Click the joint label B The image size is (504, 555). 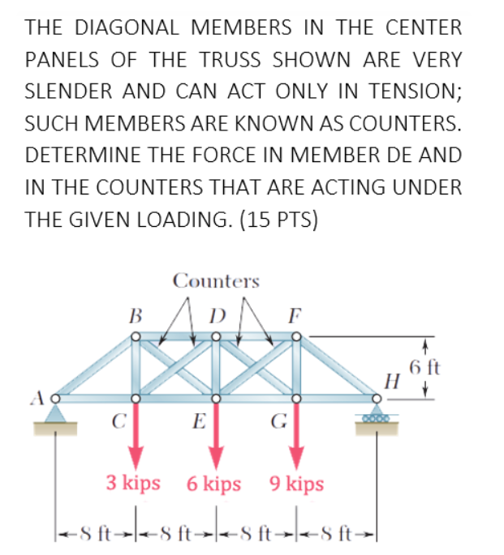(136, 312)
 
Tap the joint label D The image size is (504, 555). (215, 312)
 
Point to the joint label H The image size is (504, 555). (394, 379)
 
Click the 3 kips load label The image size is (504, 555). (133, 484)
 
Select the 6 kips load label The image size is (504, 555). (213, 485)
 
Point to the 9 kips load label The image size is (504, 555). (295, 485)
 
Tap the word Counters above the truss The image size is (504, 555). (216, 281)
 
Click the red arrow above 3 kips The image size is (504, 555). (136, 433)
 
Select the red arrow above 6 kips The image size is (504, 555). (215, 433)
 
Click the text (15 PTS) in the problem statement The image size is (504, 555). (274, 220)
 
